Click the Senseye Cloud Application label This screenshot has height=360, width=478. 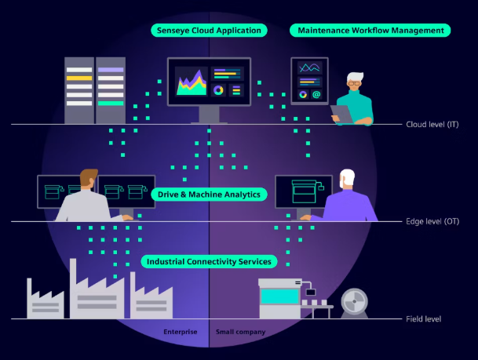209,31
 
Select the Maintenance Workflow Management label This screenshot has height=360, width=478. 370,31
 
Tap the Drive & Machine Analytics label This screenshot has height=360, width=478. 209,195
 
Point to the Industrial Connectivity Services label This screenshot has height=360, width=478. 209,262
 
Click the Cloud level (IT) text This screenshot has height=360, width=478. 432,124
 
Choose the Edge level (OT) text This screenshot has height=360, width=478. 432,221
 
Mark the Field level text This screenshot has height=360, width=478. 423,319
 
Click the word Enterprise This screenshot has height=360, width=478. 181,332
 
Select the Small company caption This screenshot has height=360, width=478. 240,332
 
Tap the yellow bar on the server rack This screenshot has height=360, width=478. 79,78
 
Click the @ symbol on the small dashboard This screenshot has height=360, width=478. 316,95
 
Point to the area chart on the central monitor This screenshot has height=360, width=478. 192,82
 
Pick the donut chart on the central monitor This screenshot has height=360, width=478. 218,90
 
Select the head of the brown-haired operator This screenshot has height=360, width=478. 89,178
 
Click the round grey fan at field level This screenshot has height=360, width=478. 354,302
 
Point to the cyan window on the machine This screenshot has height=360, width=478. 280,296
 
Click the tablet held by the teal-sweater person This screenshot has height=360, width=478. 341,115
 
